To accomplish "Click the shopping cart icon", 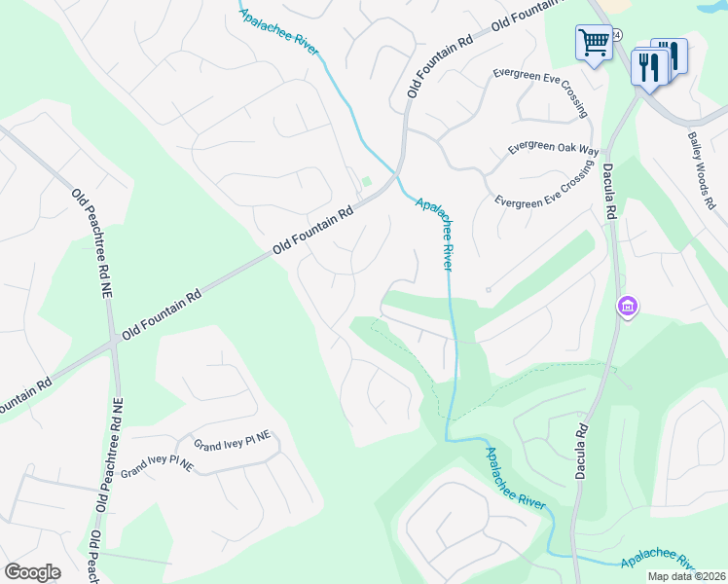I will pyautogui.click(x=594, y=43).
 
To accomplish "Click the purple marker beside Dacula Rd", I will pyautogui.click(x=628, y=308).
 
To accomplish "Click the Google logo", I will pyautogui.click(x=32, y=572).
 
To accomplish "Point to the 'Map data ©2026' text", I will pyautogui.click(x=687, y=576).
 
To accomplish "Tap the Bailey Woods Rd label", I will pyautogui.click(x=701, y=171).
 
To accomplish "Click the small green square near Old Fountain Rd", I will pyautogui.click(x=367, y=182).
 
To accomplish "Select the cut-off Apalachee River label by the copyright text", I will pyautogui.click(x=662, y=564).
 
